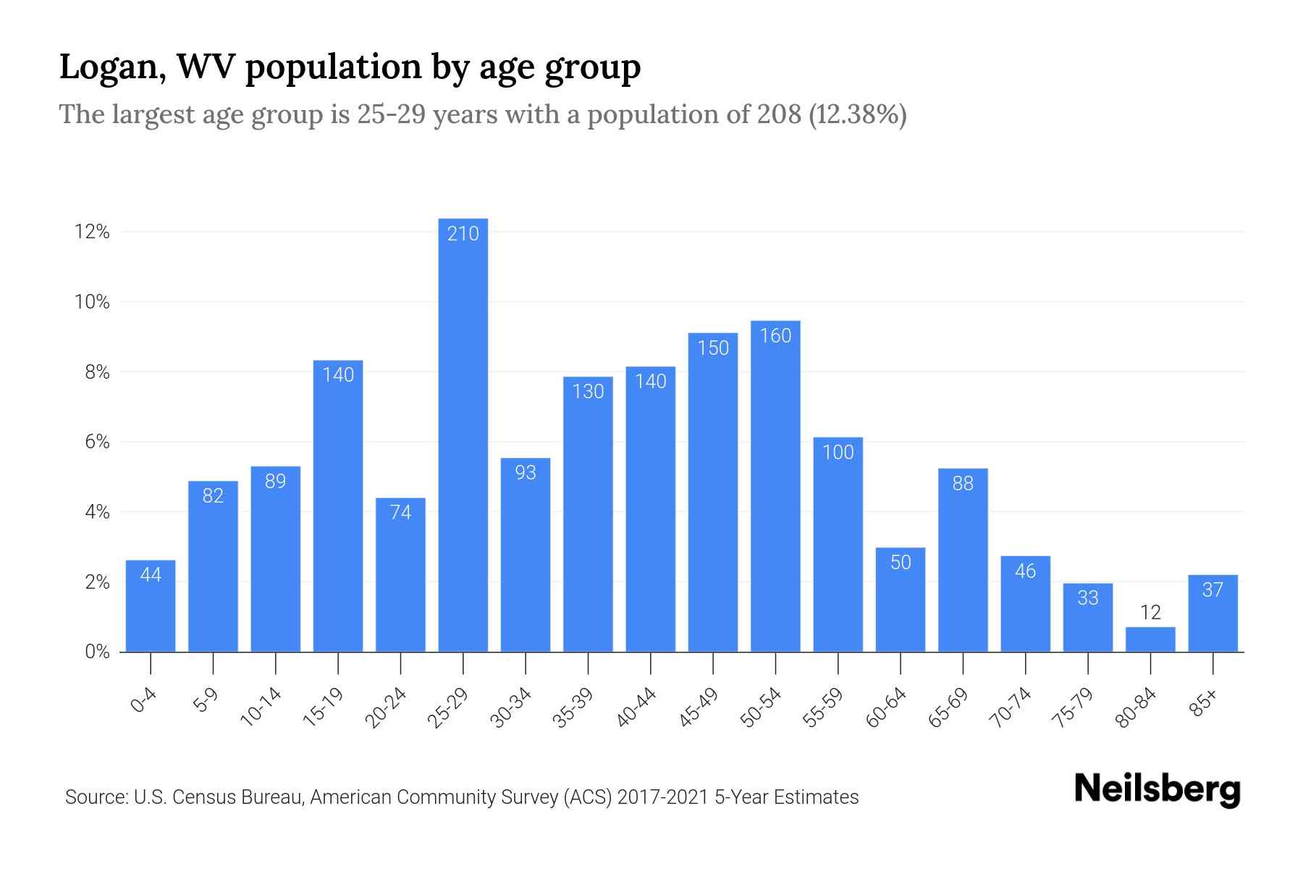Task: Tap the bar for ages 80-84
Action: click(1150, 640)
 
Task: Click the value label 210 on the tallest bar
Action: click(463, 234)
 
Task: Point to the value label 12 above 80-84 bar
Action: click(1150, 613)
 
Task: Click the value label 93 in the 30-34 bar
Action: click(526, 473)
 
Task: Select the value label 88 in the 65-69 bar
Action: click(963, 484)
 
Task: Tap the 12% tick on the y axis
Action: click(92, 232)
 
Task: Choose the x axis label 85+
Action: click(1202, 705)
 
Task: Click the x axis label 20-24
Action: click(386, 708)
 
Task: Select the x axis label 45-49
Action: click(699, 708)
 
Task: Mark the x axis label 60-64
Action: click(886, 708)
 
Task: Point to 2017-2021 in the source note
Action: click(662, 797)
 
